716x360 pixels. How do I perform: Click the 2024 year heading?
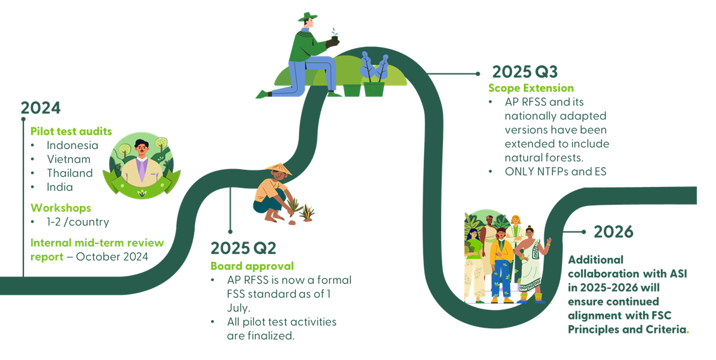(x=41, y=108)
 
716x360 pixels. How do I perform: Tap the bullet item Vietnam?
(x=68, y=159)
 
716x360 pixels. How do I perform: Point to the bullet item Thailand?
(x=70, y=173)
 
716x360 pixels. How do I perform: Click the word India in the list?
(x=60, y=187)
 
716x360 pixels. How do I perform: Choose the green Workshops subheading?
(x=61, y=208)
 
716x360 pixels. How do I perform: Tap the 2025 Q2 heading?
(x=244, y=248)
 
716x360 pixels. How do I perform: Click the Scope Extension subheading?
(x=531, y=88)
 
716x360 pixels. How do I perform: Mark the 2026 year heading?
(x=613, y=232)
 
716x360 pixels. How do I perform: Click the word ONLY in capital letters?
(x=520, y=171)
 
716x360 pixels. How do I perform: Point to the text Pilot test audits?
(x=71, y=131)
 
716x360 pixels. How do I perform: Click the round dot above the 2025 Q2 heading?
(x=230, y=231)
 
